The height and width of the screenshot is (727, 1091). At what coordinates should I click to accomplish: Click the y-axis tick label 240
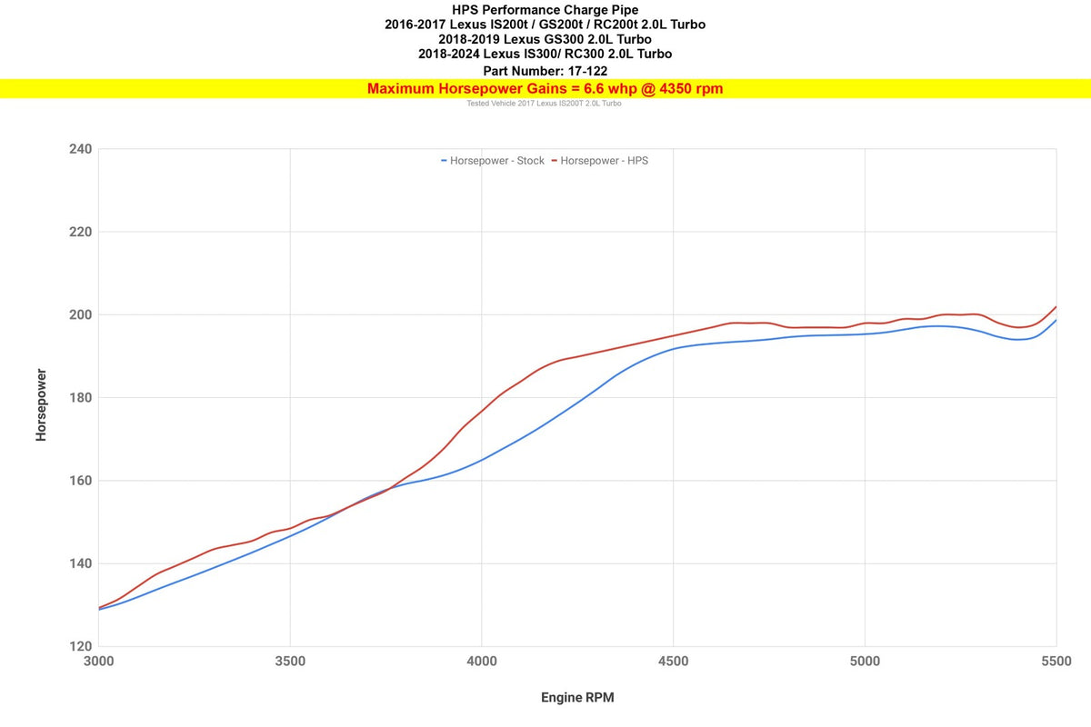point(79,149)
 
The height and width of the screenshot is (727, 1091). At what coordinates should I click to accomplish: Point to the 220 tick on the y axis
point(79,232)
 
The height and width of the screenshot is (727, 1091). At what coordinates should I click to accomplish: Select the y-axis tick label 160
point(79,481)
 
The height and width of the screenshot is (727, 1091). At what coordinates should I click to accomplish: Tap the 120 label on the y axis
point(79,646)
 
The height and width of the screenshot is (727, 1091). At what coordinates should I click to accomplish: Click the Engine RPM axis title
point(579,698)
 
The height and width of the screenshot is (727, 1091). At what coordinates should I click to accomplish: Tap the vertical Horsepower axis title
point(41,404)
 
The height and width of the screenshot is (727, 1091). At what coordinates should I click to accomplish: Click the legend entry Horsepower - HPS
point(604,161)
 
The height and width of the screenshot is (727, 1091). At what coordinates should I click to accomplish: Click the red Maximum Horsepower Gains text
point(545,88)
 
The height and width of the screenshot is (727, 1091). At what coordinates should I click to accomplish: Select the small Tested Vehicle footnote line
point(544,104)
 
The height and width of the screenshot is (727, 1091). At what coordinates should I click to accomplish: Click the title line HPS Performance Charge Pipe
point(545,10)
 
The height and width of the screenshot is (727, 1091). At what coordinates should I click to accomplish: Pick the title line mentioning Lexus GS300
point(545,39)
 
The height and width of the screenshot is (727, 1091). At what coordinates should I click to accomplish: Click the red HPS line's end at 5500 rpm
point(1056,307)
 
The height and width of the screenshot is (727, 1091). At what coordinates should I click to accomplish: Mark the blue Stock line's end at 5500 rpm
point(1056,320)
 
